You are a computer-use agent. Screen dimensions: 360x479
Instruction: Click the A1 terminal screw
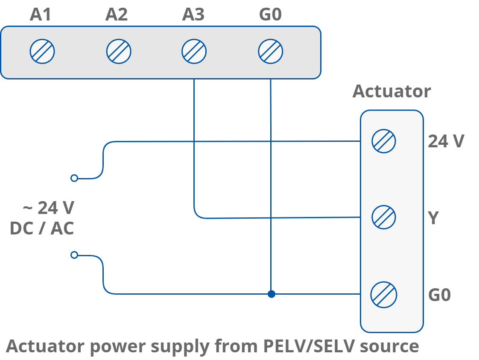point(42,52)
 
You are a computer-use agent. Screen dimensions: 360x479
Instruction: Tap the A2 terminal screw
point(118,52)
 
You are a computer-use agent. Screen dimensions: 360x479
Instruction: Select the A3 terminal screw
point(194,52)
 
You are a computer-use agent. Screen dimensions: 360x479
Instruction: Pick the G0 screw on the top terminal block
point(270,52)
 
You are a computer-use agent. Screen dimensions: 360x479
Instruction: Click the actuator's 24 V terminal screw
point(383,141)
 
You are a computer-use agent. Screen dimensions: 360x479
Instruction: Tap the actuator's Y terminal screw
point(383,217)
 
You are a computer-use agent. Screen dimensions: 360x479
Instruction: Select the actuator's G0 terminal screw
point(383,294)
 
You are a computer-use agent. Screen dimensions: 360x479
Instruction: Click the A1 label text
point(41,15)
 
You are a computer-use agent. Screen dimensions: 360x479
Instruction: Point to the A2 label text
point(117,15)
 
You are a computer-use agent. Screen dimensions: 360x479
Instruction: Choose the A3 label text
point(193,15)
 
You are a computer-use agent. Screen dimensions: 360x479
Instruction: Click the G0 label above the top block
point(270,15)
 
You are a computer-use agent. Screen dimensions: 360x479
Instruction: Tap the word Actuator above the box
point(391,92)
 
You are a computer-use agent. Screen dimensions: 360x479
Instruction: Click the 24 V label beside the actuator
point(446,141)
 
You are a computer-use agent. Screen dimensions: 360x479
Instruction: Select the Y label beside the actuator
point(433,218)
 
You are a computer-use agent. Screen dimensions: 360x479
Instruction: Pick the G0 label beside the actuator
point(439,295)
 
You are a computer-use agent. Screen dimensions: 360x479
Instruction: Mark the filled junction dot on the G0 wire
point(271,294)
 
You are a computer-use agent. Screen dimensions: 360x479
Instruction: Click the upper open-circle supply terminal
point(74,178)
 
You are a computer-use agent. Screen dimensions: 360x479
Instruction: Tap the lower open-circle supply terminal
point(74,255)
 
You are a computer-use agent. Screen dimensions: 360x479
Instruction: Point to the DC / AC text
point(42,229)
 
